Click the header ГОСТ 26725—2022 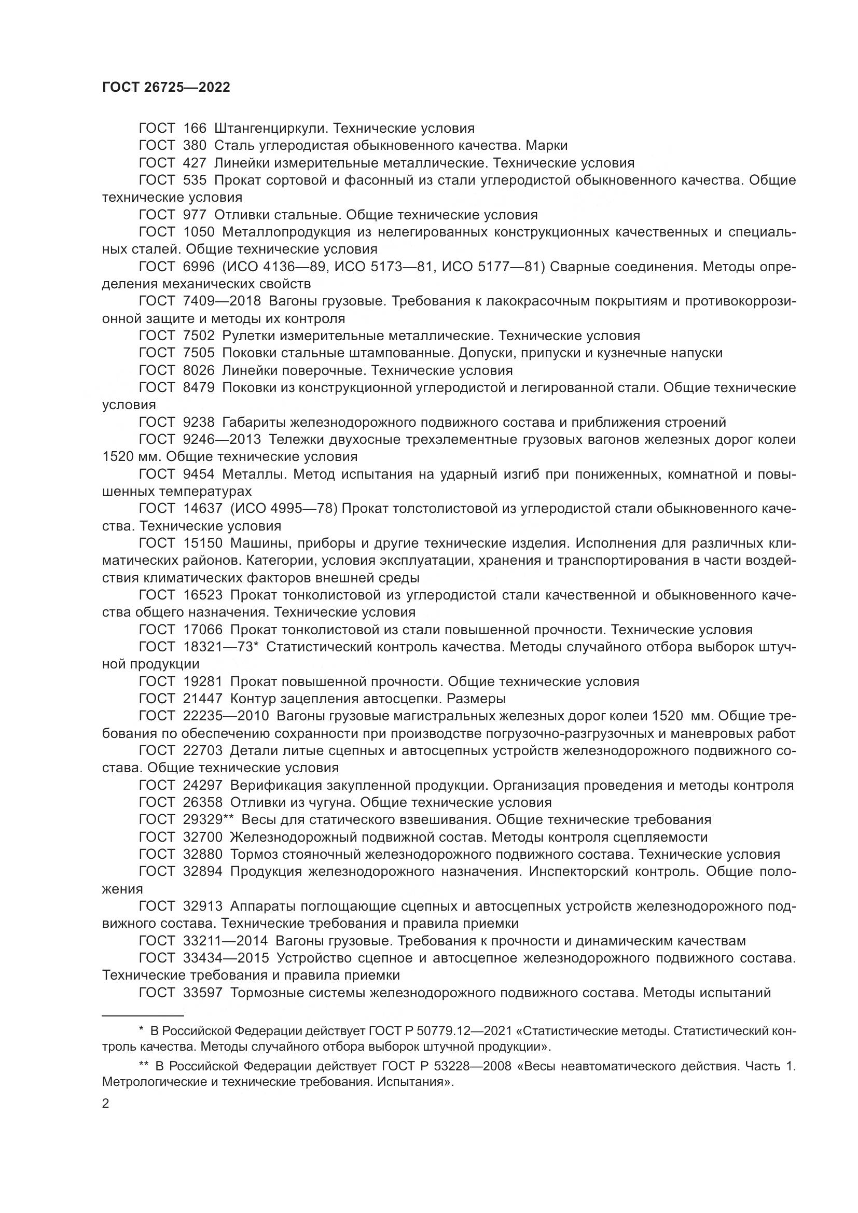(x=166, y=88)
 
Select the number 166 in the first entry (x=195, y=129)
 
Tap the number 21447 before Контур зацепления (x=203, y=699)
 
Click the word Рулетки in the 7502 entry (x=247, y=336)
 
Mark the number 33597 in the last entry (x=203, y=993)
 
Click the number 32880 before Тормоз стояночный (x=203, y=854)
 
